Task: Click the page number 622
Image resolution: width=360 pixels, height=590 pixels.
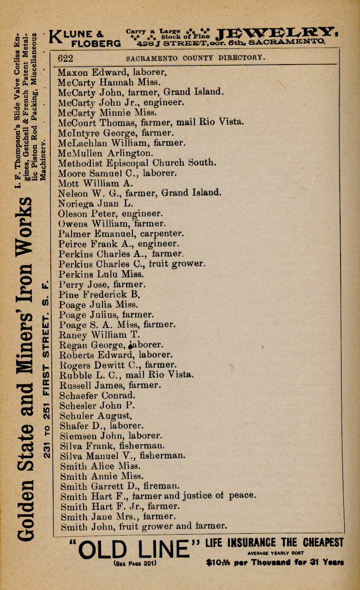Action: click(x=65, y=58)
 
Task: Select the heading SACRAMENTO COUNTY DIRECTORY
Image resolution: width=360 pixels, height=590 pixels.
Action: click(x=196, y=58)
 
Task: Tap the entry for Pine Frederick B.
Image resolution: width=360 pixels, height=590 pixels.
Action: click(x=99, y=294)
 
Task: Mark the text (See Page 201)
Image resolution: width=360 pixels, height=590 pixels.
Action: click(x=134, y=564)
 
